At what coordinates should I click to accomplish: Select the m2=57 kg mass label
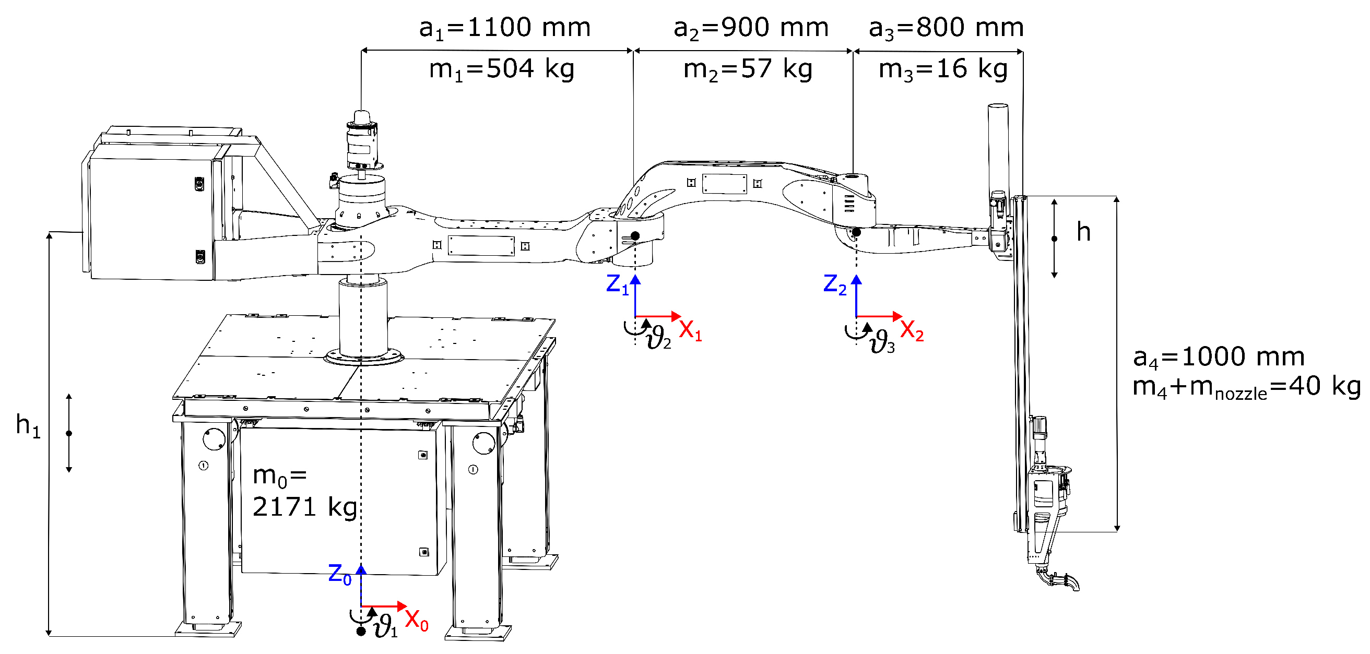(x=748, y=69)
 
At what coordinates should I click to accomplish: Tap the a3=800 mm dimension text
(x=946, y=28)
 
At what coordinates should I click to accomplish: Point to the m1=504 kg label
(x=502, y=69)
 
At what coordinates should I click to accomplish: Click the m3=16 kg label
(x=943, y=69)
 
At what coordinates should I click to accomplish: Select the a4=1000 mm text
(x=1219, y=358)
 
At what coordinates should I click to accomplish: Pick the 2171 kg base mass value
(x=304, y=507)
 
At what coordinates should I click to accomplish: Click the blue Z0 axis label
(x=340, y=575)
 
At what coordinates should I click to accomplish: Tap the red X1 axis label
(x=690, y=331)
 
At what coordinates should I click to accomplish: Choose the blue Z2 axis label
(x=834, y=284)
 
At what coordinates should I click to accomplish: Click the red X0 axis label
(x=417, y=620)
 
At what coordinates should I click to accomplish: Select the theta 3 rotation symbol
(x=882, y=342)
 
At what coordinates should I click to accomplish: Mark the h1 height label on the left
(x=28, y=425)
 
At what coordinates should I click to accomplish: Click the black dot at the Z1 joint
(x=635, y=235)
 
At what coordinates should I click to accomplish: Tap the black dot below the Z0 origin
(x=361, y=631)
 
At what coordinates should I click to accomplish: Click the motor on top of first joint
(x=362, y=141)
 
